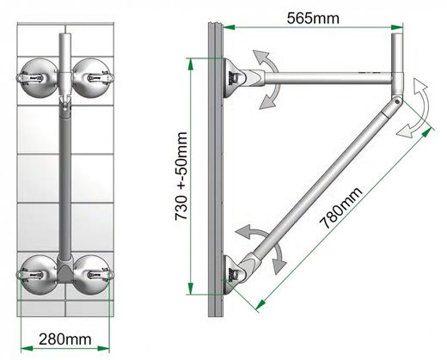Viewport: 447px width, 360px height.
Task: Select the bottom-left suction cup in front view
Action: click(37, 275)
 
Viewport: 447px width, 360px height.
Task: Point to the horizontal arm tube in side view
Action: click(327, 79)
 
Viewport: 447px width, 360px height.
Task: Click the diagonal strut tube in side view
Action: click(327, 180)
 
